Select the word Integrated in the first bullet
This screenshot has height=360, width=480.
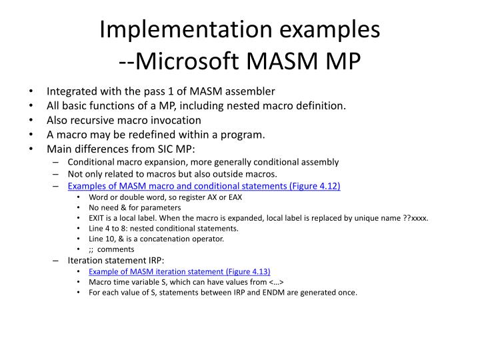click(x=71, y=91)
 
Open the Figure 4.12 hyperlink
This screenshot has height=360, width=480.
click(x=204, y=186)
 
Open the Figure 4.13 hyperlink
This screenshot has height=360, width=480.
click(x=179, y=272)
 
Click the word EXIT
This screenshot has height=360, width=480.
click(x=97, y=217)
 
